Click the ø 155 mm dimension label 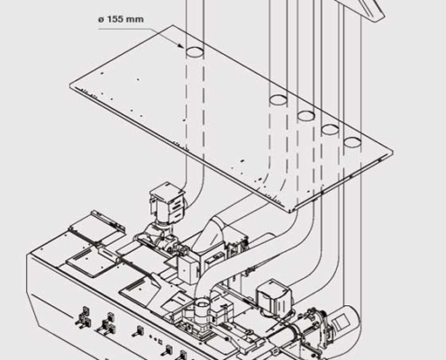[121, 17]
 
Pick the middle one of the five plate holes [305, 115]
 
